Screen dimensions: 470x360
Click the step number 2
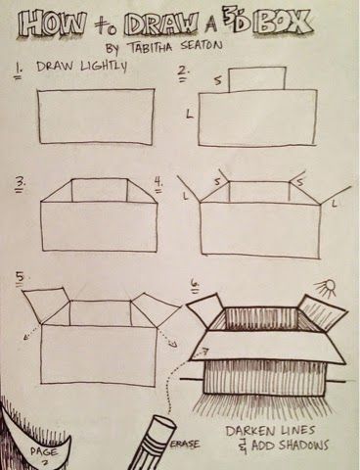click(x=182, y=71)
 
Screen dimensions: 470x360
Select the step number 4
click(x=158, y=181)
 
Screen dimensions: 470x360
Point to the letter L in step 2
click(x=188, y=117)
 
